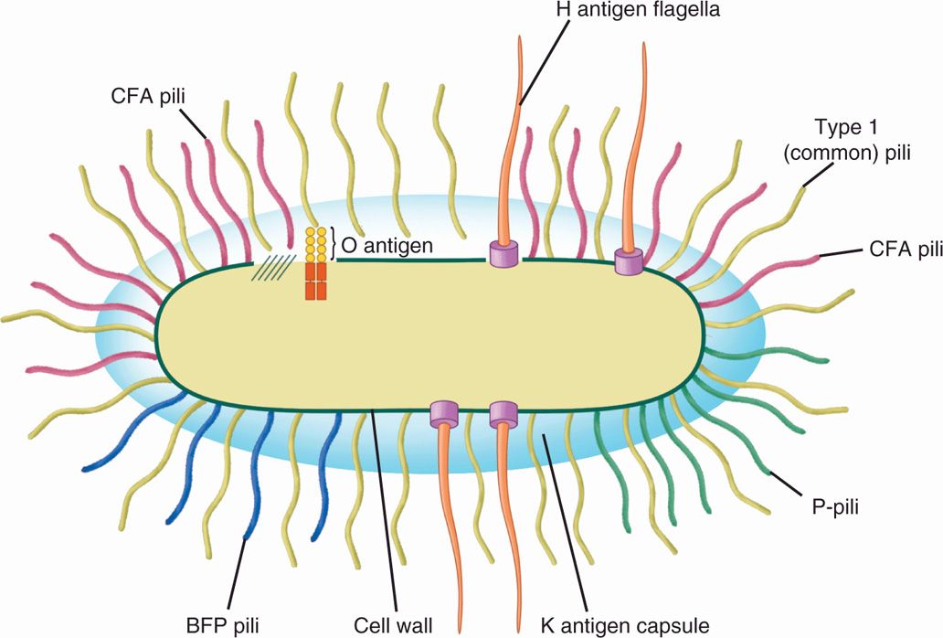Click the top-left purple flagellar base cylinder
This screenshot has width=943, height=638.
[x=502, y=255]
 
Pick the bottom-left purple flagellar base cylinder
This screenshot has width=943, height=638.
[x=443, y=415]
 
